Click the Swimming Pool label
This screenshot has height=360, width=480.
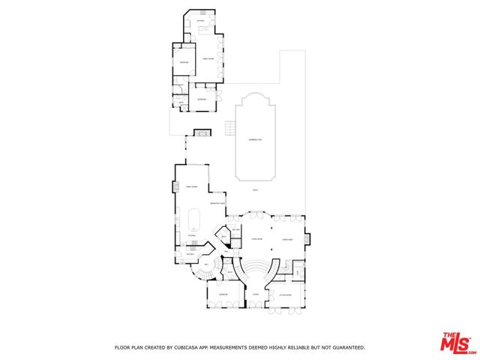tap(255, 140)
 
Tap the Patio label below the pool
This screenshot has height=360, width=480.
tap(255, 190)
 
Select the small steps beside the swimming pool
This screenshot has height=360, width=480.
tap(227, 130)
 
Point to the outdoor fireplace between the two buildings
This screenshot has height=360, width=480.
tap(201, 133)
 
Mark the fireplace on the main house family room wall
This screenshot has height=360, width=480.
tap(174, 187)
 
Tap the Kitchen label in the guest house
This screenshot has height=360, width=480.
tap(200, 21)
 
